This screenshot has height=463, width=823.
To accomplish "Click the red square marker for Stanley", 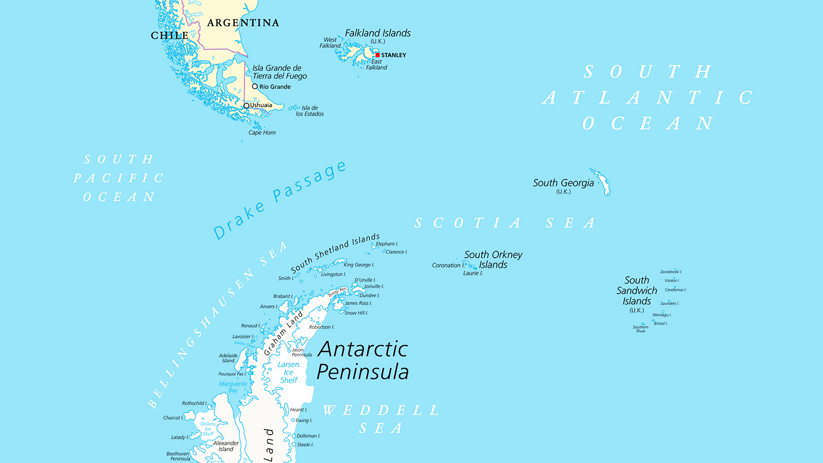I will [378, 55].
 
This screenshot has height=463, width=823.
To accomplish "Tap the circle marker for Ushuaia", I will [246, 105].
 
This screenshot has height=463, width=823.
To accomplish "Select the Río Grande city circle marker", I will [255, 86].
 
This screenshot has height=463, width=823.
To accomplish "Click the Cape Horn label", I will [262, 133].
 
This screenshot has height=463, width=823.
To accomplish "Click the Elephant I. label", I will [387, 244].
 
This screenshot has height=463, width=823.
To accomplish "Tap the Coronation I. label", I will [448, 265].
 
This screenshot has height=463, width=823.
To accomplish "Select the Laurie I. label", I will [473, 273].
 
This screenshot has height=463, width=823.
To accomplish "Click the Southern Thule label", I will [640, 329].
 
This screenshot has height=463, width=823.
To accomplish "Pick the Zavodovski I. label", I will [671, 272].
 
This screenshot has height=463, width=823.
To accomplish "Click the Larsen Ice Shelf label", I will [289, 372].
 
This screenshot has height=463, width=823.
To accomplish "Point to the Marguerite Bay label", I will [233, 387].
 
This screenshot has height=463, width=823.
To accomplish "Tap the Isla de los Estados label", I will [310, 111].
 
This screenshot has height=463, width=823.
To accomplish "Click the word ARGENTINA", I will [243, 23].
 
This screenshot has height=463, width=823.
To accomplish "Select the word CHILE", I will [169, 35].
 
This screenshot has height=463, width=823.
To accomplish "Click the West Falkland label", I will [330, 43].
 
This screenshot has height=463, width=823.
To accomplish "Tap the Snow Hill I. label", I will [356, 313].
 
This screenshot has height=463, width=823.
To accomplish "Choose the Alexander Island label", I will [226, 446].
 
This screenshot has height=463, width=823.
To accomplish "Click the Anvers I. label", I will [269, 307].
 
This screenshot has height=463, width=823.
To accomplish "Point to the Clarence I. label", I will [396, 252].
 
